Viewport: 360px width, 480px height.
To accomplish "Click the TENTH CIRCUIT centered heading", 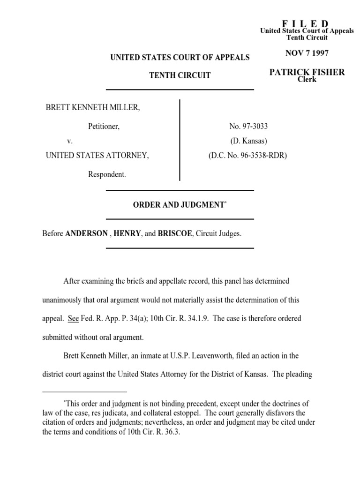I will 180,75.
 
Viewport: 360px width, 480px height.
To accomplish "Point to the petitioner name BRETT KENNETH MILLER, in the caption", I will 93,108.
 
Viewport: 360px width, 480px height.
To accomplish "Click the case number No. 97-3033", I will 248,126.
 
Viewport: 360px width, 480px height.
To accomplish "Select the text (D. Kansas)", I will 248,141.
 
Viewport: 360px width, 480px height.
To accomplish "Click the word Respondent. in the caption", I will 107,174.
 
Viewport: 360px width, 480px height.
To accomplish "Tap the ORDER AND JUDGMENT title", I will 179,205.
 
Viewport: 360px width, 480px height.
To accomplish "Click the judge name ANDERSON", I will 86,233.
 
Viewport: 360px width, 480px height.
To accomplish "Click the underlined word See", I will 73,318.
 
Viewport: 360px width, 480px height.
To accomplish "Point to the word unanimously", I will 64,300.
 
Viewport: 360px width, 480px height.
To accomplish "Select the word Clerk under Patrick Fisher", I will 307,79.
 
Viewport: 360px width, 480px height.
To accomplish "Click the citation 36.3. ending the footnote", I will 171,433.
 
